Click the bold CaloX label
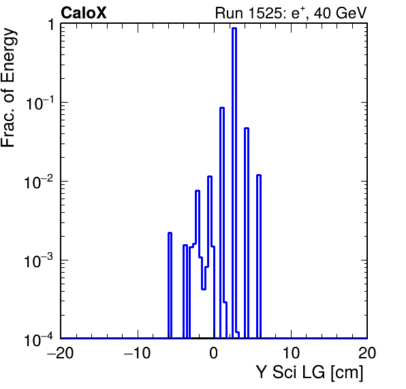[x=84, y=13]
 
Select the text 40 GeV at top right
[x=340, y=13]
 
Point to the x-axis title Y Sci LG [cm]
[x=310, y=372]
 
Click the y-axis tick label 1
[x=51, y=25]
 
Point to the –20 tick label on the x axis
[x=61, y=352]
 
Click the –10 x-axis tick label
[x=137, y=352]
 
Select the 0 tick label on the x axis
[x=214, y=352]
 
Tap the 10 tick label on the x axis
[x=291, y=352]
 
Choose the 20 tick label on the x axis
[x=367, y=352]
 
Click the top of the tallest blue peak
[x=234, y=29]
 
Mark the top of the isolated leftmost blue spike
[x=170, y=233]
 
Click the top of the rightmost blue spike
[x=259, y=175]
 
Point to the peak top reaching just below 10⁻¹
[x=222, y=108]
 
